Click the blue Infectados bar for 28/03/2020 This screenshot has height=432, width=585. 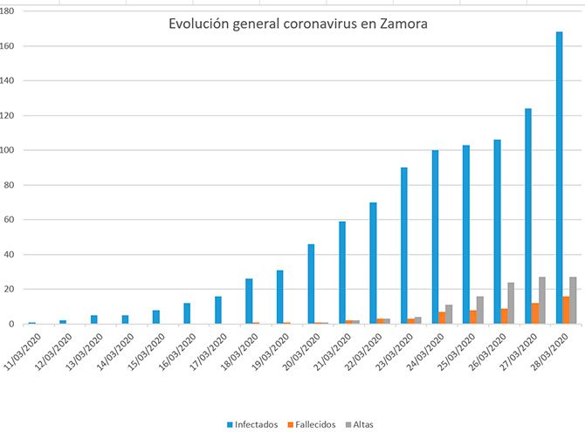559,178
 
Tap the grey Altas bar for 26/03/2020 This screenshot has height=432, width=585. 511,304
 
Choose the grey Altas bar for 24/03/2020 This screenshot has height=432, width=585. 449,315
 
